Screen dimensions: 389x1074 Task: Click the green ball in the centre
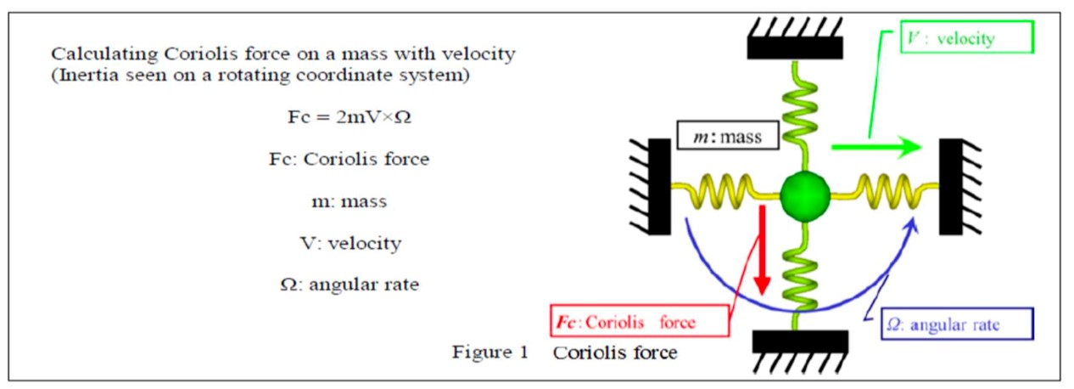[x=803, y=194]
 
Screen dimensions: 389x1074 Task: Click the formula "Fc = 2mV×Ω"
[x=350, y=117]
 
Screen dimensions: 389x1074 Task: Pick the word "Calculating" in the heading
[x=95, y=54]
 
